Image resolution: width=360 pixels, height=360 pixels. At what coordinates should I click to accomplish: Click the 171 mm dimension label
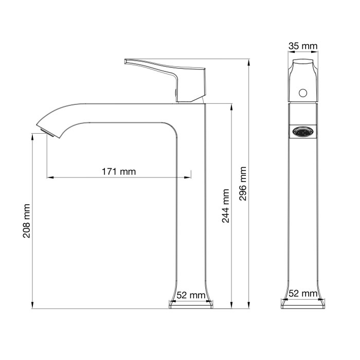[118, 172]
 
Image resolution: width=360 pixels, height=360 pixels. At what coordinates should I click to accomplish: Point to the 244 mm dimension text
[225, 206]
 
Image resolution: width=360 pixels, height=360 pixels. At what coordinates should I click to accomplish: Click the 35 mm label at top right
[302, 47]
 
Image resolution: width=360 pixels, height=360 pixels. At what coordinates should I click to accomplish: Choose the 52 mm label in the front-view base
[302, 294]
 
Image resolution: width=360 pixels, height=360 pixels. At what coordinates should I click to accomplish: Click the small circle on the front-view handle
[303, 93]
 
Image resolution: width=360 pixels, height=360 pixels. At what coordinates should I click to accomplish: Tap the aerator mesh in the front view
[302, 132]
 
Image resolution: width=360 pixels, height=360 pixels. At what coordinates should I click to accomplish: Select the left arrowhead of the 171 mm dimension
[49, 177]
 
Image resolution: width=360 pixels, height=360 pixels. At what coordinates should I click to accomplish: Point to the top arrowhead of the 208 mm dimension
[32, 136]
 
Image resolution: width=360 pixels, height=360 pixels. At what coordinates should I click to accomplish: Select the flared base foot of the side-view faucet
[190, 304]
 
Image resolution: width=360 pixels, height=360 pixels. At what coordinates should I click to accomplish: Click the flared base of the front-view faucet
[302, 304]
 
